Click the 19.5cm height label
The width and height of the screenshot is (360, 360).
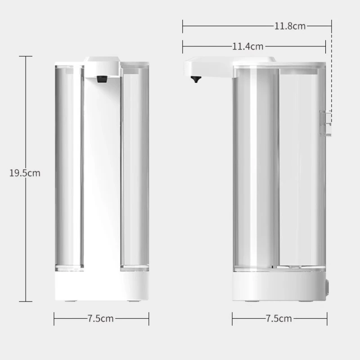(x=25, y=173)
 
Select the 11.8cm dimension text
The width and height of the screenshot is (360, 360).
(x=290, y=26)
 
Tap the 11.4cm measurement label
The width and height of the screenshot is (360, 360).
(x=247, y=46)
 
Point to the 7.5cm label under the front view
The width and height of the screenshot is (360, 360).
(x=101, y=319)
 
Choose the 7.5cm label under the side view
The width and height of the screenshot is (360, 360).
(x=279, y=319)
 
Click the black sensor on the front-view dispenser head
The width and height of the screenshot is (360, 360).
(x=102, y=79)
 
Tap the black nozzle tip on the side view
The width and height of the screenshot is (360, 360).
(x=195, y=80)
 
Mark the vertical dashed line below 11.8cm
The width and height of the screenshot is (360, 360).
(x=332, y=72)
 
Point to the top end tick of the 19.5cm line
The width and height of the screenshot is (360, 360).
(x=26, y=56)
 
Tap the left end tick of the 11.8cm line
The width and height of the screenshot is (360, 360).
(x=183, y=26)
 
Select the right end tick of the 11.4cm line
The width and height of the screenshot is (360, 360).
(x=325, y=46)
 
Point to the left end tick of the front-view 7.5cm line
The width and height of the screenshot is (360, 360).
(x=54, y=319)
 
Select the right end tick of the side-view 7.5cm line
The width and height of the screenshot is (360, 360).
(x=327, y=319)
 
